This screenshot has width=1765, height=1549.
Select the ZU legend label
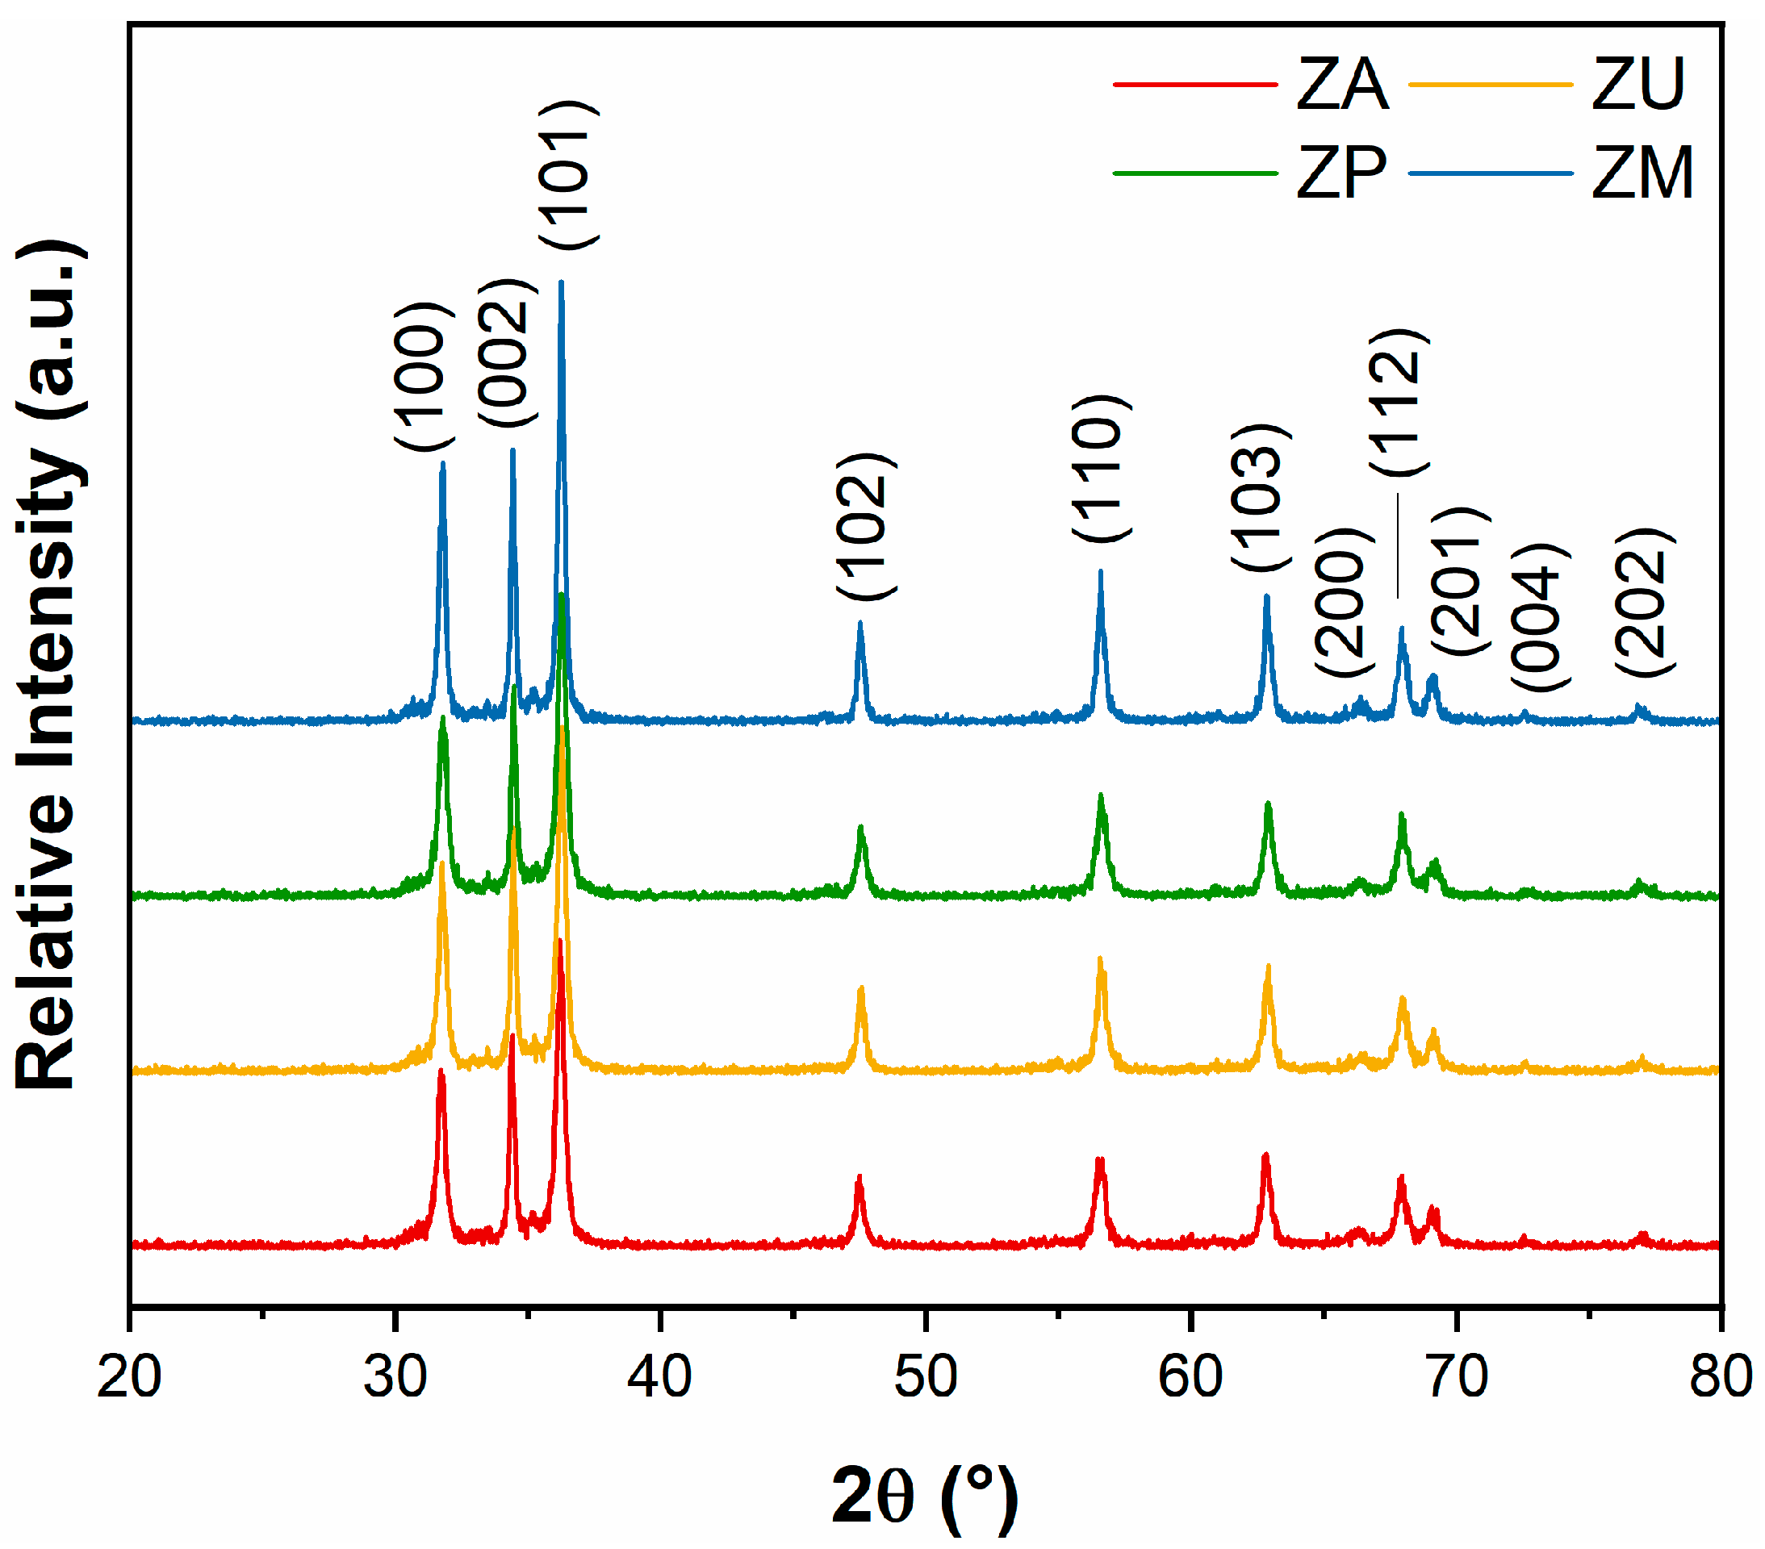point(1638,85)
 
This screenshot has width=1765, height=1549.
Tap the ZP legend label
point(1341,173)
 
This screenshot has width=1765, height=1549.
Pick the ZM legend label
point(1642,173)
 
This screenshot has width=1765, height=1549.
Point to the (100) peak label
point(423,377)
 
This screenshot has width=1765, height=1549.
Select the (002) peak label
point(506,353)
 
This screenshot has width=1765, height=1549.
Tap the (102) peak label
point(865,526)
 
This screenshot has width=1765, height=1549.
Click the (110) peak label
point(1100,468)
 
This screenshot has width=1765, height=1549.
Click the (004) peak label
point(1540,617)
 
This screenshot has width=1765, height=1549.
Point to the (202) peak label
point(1645,602)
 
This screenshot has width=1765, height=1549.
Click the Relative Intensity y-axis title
point(49,665)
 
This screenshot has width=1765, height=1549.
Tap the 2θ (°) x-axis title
point(925,1497)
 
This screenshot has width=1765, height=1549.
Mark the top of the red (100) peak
point(441,1071)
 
